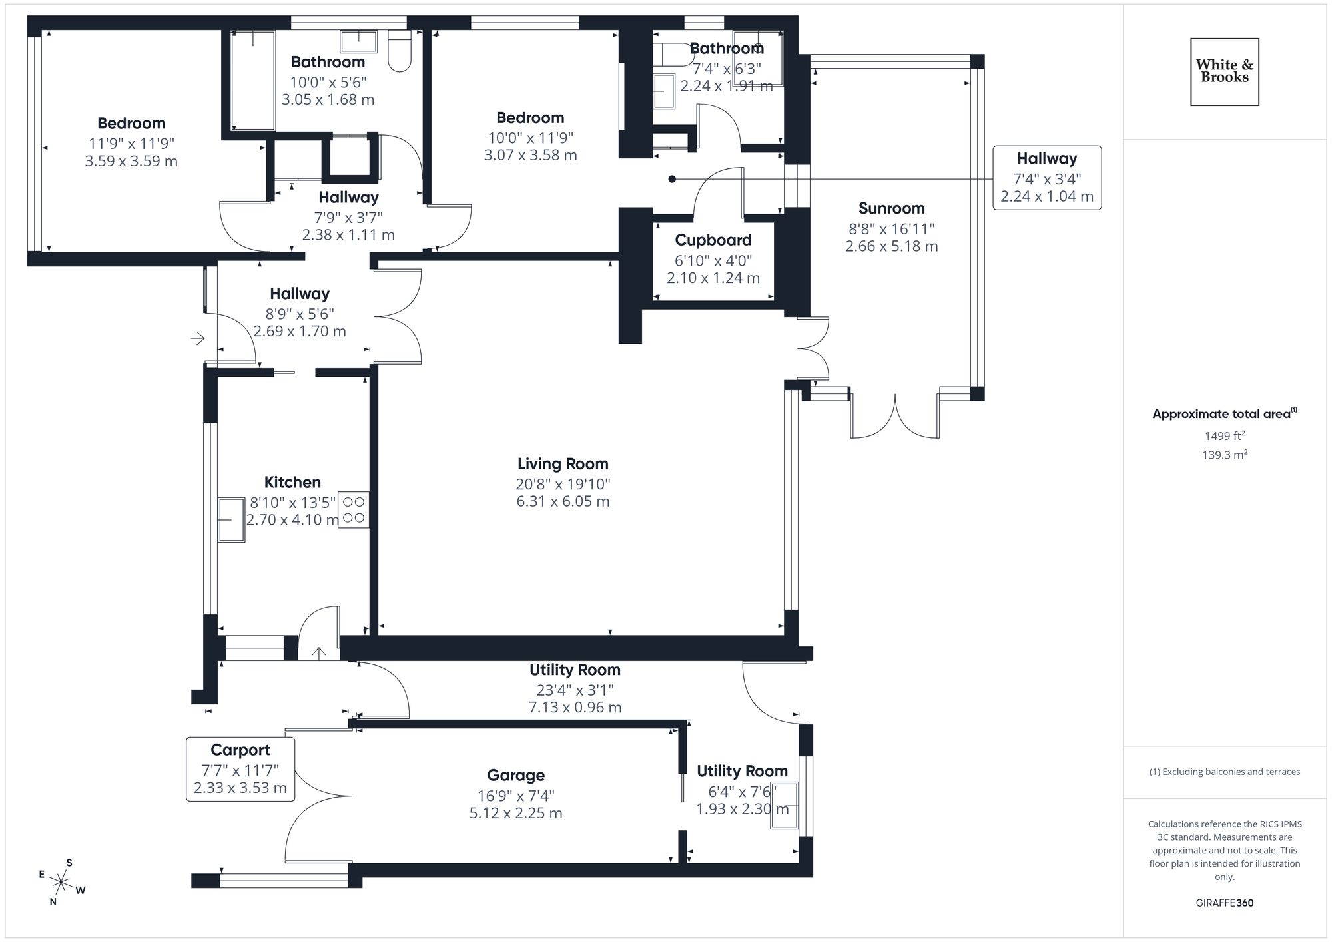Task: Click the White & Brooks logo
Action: pos(1224,71)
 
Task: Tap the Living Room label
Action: pos(563,464)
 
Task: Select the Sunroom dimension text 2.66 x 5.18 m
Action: pos(891,246)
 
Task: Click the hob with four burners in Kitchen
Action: pos(353,510)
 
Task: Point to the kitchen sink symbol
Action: pos(231,519)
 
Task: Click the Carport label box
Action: pos(240,769)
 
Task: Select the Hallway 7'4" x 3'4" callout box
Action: pos(1046,178)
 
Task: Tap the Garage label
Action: pos(515,775)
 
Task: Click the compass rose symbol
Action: pos(61,883)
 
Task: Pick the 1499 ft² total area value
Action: pos(1224,436)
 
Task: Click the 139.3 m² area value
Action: pos(1224,455)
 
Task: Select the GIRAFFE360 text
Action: pos(1224,903)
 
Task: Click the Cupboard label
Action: pos(713,240)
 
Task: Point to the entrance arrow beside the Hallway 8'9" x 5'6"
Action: pos(198,339)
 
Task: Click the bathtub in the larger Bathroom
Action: pos(253,80)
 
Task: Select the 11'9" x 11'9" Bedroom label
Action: pos(131,124)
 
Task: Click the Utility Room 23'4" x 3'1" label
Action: pos(575,670)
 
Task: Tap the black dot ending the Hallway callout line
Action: pos(672,179)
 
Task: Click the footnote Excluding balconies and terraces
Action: pos(1224,772)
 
